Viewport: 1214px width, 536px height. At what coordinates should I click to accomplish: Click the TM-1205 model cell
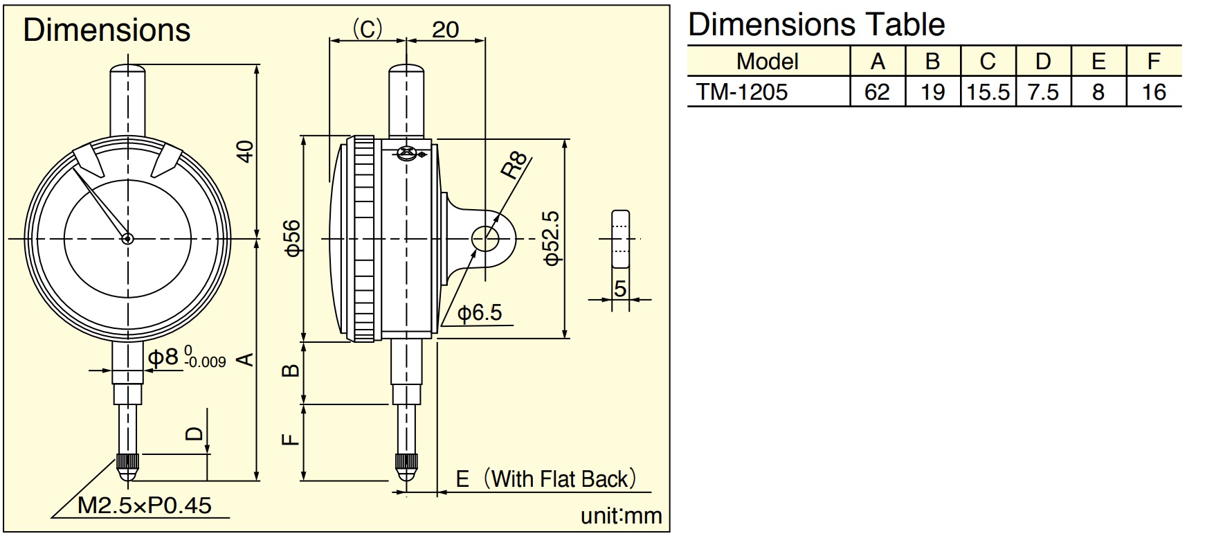tap(741, 92)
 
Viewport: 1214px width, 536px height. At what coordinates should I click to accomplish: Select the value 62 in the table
tap(877, 92)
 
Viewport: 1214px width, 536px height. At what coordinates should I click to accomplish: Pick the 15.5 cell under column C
tap(988, 92)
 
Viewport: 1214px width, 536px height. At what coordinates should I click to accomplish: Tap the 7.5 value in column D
tap(1043, 92)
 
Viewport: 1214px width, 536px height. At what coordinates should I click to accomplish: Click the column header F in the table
tap(1153, 62)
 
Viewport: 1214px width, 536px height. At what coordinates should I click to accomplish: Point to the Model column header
tap(768, 62)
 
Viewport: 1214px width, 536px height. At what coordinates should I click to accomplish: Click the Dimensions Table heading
tap(817, 25)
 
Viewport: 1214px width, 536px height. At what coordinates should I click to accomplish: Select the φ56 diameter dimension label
tap(293, 238)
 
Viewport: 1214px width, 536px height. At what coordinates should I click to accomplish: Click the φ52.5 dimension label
tap(552, 238)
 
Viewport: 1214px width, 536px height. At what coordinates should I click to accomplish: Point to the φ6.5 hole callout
tap(480, 312)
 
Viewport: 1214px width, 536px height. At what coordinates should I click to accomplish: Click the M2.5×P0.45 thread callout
tap(144, 505)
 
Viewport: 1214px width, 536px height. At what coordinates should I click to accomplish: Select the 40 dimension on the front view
tap(245, 152)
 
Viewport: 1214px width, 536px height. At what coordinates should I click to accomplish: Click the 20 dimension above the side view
tap(445, 29)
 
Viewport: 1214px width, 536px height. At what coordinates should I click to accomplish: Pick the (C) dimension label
tap(368, 29)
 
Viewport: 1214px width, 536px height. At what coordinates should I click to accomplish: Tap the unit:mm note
tap(621, 516)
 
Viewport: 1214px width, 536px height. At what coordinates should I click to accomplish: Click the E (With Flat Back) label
tap(545, 479)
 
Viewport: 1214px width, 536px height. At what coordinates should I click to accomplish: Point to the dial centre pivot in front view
tap(127, 238)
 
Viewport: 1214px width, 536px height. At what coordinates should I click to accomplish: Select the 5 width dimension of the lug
tap(620, 288)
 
